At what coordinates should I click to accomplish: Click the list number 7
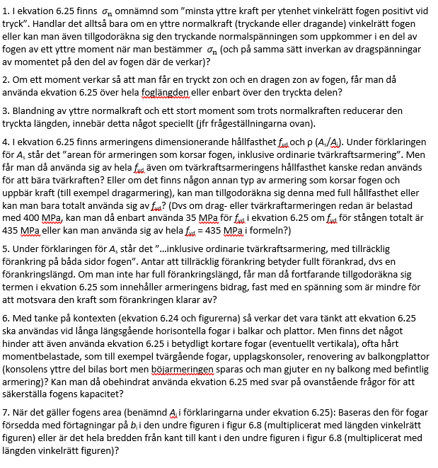coord(6,411)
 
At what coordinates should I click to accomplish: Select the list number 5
coord(6,249)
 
